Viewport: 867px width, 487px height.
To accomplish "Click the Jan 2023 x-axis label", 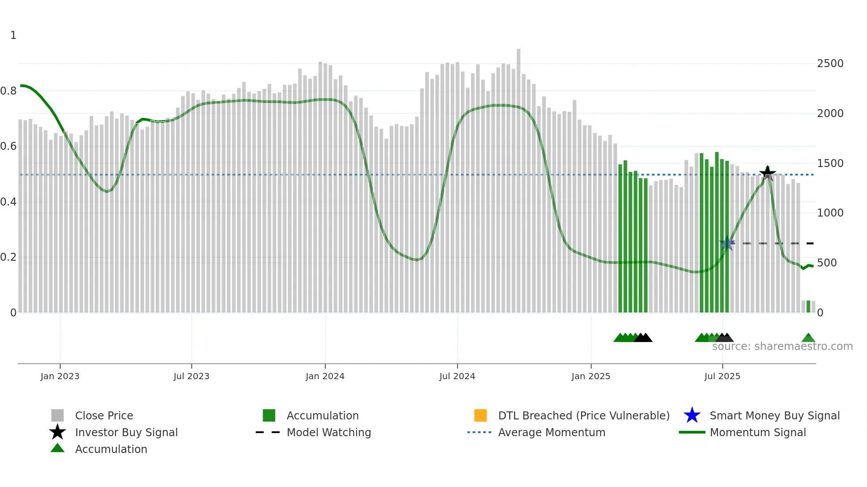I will [60, 376].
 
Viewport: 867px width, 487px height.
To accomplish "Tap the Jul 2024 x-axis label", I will [457, 376].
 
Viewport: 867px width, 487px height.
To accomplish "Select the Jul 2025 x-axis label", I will [722, 376].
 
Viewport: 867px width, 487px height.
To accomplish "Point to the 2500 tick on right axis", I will [830, 64].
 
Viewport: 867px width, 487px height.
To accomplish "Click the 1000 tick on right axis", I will [830, 213].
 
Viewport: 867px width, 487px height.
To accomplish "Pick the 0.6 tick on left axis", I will [8, 146].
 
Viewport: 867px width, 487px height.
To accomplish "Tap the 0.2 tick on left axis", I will [8, 257].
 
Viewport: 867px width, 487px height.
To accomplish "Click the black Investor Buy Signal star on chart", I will [767, 173].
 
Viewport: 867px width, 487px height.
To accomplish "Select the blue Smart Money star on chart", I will [727, 243].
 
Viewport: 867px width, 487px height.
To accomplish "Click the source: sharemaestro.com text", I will [782, 346].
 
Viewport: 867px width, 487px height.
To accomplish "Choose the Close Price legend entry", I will [104, 415].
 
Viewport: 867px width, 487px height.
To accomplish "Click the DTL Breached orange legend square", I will [480, 415].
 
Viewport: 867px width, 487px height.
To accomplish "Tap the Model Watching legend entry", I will [329, 432].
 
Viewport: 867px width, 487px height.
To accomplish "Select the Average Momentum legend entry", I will [552, 432].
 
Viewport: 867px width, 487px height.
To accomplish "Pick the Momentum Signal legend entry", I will [758, 432].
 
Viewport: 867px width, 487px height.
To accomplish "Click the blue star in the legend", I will [692, 415].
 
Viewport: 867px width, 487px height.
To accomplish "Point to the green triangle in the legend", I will [58, 449].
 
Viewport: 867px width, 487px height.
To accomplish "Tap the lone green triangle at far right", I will [808, 338].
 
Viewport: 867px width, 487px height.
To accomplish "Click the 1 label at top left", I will [13, 35].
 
